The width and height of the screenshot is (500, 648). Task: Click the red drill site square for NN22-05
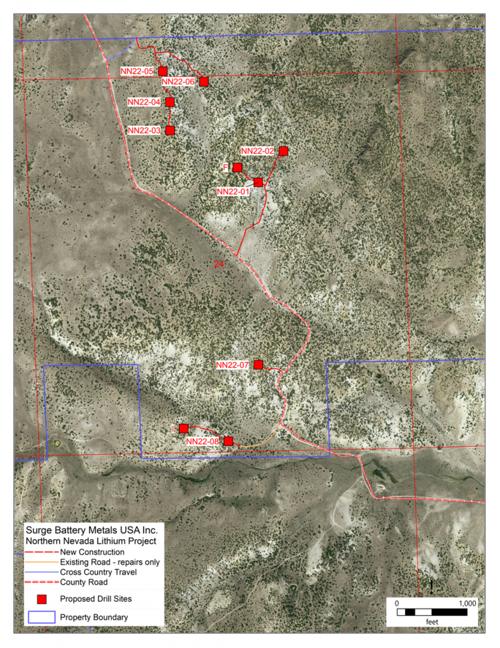click(163, 71)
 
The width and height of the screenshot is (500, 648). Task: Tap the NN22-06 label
click(178, 82)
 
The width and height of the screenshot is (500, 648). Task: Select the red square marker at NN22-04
click(170, 102)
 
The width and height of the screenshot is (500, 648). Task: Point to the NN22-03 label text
click(145, 130)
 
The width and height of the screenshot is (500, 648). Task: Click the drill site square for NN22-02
click(283, 151)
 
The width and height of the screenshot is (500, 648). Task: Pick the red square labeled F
click(238, 167)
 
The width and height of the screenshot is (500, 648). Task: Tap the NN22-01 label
click(233, 191)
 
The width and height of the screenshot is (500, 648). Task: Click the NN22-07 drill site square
click(259, 364)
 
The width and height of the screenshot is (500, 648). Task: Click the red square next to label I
click(183, 428)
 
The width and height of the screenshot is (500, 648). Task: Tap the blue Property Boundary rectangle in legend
click(42, 617)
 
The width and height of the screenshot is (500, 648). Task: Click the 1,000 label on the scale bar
click(466, 603)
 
